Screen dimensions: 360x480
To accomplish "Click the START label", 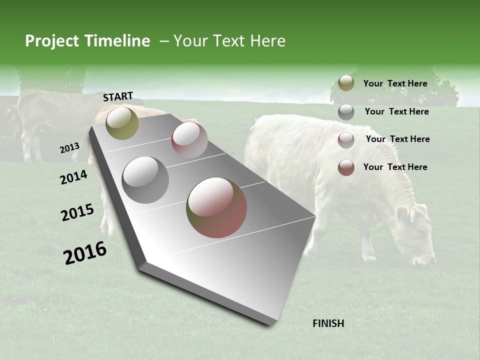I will [118, 96].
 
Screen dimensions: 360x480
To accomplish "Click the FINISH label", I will [328, 323].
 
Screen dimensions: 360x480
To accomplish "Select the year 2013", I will [69, 148].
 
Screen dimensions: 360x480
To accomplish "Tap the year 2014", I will [74, 177].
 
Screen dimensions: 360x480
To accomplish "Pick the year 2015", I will [77, 212].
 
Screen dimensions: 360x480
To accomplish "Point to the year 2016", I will [85, 253].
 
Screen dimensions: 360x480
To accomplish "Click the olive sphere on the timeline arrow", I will [122, 123].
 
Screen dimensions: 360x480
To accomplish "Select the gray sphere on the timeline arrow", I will [145, 179].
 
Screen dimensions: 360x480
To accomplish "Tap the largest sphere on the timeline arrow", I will [216, 207].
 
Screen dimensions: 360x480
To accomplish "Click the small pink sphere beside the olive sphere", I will [189, 140].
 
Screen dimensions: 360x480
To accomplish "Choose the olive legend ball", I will [346, 83].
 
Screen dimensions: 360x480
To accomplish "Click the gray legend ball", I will [346, 112].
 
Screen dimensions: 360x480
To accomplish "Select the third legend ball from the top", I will [346, 140].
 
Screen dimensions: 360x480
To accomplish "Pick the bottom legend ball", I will [346, 167].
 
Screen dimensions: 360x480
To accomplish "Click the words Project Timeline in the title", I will [87, 41].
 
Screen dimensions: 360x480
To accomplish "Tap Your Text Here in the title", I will [229, 41].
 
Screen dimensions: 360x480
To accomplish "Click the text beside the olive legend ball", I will [395, 83].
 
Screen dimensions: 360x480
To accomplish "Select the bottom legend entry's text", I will [395, 167].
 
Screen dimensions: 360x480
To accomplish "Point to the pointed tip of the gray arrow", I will [271, 324].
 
